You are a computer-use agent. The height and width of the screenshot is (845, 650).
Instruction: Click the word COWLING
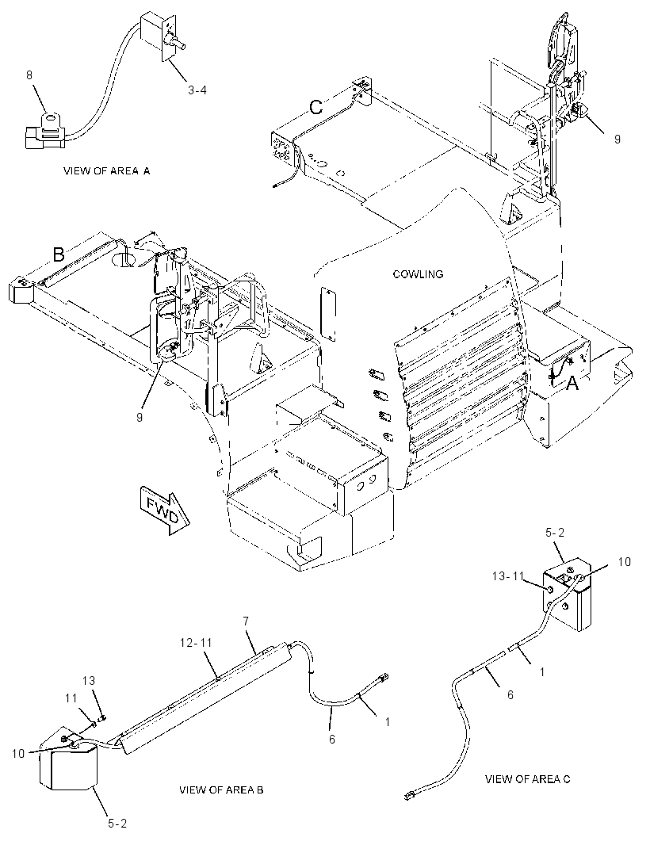(418, 273)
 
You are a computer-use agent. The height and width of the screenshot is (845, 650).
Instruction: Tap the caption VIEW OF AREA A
(107, 171)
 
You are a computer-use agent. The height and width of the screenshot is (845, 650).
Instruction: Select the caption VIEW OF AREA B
(221, 790)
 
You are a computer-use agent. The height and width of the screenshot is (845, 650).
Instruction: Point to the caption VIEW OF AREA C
(527, 778)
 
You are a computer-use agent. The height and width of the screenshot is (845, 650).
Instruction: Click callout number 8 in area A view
(29, 75)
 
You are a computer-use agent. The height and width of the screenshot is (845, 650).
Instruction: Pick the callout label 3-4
(197, 90)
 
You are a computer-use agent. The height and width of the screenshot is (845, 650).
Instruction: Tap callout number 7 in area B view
(246, 621)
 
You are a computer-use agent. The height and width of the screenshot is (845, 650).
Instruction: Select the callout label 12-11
(197, 642)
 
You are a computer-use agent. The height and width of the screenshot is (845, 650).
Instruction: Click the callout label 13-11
(508, 576)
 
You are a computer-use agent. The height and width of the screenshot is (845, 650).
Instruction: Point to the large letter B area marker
(58, 254)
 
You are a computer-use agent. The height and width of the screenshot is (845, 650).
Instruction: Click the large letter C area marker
(315, 107)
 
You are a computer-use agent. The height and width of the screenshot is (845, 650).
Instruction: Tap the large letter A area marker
(572, 383)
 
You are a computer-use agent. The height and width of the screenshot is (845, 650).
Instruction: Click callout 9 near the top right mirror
(617, 139)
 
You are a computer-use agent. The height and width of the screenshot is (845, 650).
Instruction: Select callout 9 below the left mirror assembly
(139, 417)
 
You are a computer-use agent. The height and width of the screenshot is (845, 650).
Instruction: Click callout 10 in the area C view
(624, 561)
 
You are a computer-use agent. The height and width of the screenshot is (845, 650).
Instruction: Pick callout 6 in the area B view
(332, 739)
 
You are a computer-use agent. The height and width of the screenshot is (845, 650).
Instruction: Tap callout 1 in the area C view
(541, 671)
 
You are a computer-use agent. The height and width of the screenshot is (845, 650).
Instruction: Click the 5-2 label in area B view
(117, 823)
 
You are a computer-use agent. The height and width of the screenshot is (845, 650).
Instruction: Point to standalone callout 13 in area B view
(89, 681)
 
